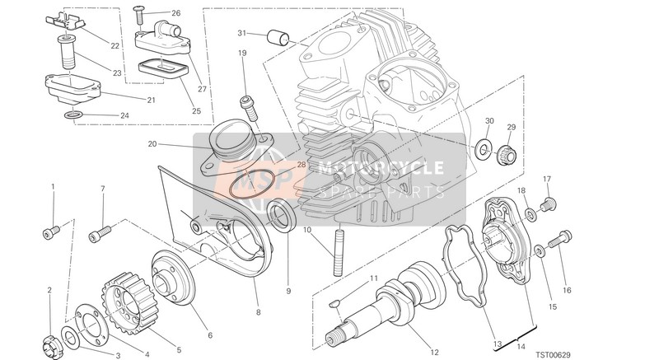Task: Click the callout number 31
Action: point(241,33)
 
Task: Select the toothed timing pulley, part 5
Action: point(126,302)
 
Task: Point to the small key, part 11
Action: point(334,303)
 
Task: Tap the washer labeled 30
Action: point(484,147)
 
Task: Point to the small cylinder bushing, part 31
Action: point(278,38)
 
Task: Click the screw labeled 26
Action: point(139,16)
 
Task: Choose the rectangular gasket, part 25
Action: point(161,68)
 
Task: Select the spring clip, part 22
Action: point(63,23)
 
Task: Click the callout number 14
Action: point(521,347)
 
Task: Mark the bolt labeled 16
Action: point(559,238)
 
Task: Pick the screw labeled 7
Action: point(100,234)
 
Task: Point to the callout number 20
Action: point(152,144)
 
